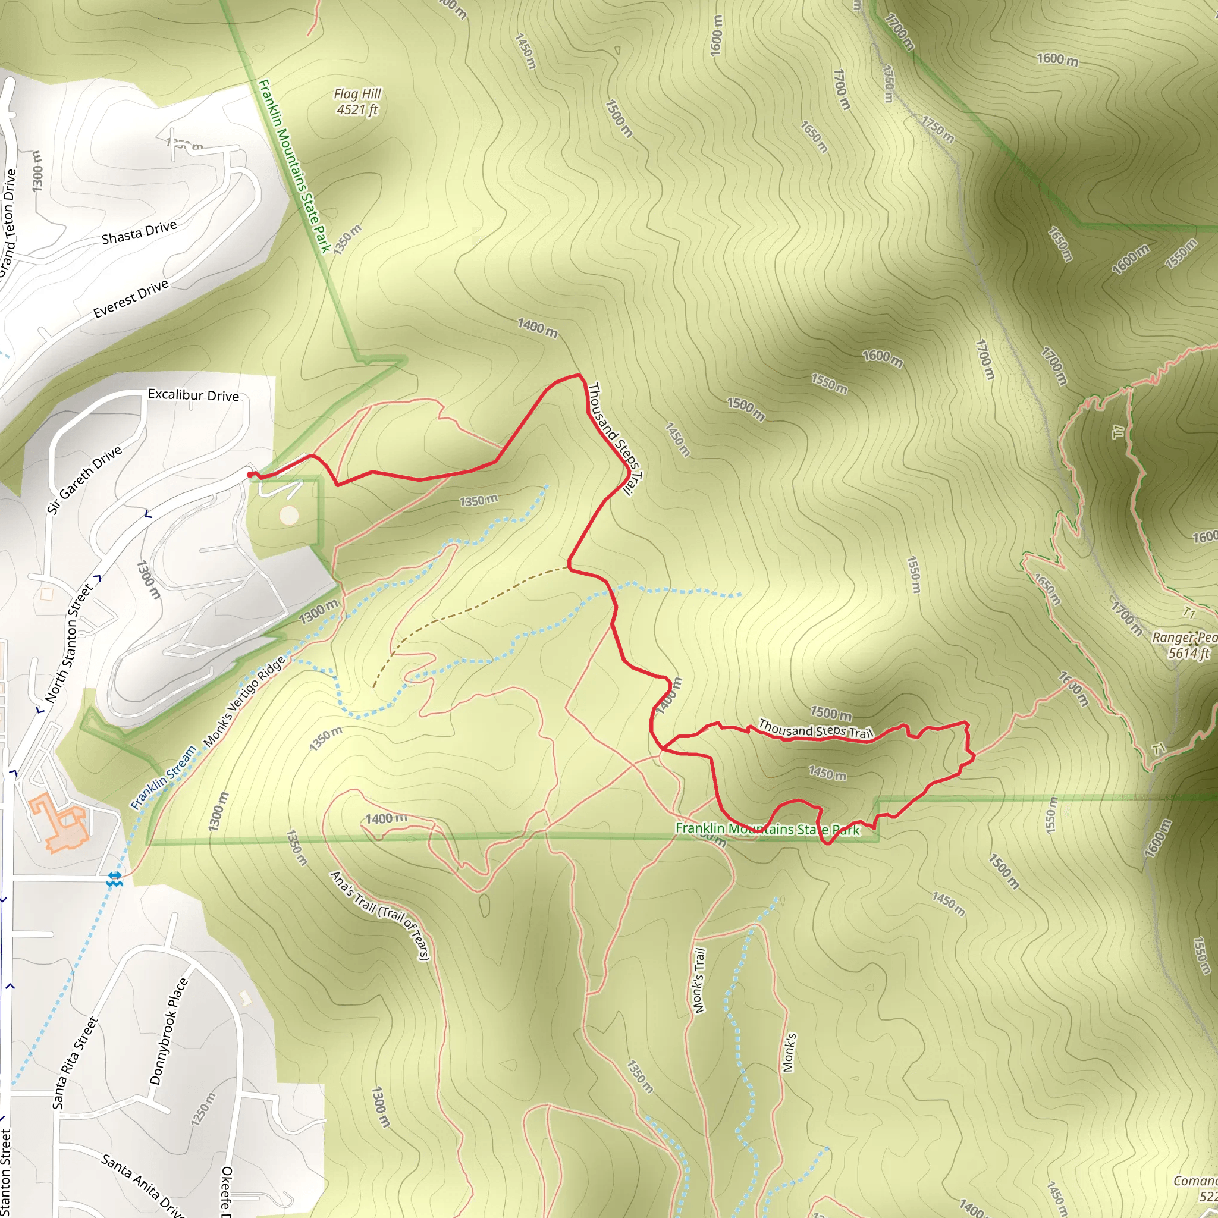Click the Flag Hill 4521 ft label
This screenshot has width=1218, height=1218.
click(x=357, y=102)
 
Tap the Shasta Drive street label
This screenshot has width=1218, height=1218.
click(x=139, y=232)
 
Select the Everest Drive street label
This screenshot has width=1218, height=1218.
click(x=130, y=298)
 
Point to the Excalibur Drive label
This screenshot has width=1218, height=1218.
click(x=193, y=395)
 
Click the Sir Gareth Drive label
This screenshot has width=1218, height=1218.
click(x=84, y=480)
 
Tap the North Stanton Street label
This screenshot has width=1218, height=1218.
click(x=70, y=642)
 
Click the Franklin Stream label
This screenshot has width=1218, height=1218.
click(x=164, y=777)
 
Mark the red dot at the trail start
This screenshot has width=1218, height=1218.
click(x=250, y=475)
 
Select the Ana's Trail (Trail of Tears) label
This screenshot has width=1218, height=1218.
click(x=380, y=915)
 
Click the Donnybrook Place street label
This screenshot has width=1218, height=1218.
click(x=168, y=1031)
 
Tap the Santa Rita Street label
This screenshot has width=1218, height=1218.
click(x=75, y=1062)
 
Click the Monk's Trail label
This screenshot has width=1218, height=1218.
click(x=699, y=980)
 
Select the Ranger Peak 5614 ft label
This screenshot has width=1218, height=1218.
click(x=1184, y=645)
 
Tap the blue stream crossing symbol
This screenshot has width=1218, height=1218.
click(x=114, y=880)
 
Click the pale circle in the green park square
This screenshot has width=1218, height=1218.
click(x=288, y=516)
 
